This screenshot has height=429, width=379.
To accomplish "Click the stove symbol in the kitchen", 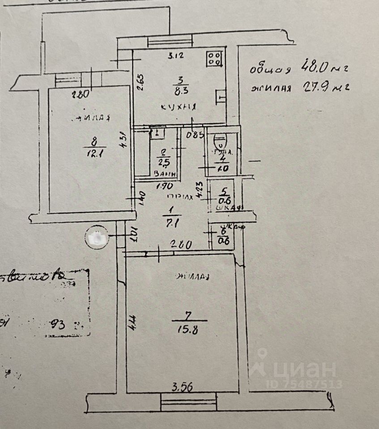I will (213, 58).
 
